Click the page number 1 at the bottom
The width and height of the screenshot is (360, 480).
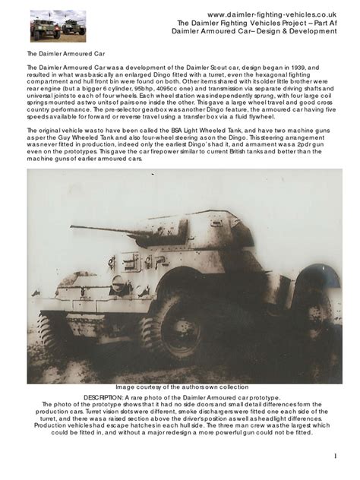point(335,456)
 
